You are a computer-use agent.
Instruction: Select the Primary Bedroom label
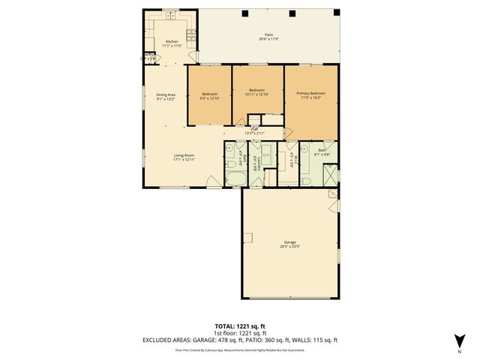(310, 96)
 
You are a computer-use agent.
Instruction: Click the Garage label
(289, 243)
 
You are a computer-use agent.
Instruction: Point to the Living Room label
(184, 157)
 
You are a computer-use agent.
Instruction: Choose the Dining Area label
(166, 96)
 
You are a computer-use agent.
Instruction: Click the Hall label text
(255, 130)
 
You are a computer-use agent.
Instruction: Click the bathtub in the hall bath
(233, 178)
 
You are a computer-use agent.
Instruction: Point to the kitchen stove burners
(191, 35)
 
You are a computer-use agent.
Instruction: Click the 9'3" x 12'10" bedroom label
(209, 96)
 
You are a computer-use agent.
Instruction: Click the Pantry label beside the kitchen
(148, 55)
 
